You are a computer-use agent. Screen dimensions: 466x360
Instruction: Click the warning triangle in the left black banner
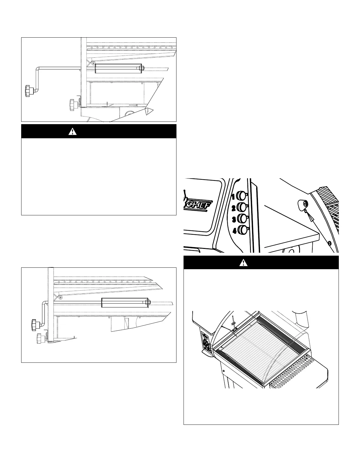coord(72,131)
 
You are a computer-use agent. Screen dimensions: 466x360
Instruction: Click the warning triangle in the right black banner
coord(243,263)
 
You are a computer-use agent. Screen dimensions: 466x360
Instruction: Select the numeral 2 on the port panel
coord(234,208)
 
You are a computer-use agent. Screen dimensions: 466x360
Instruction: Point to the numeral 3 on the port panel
coord(234,219)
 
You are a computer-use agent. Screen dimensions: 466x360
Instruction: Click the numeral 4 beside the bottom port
coord(234,231)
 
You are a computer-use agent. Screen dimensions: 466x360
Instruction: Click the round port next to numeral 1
coord(241,195)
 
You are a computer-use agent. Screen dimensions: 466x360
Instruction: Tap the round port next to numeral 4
coord(243,230)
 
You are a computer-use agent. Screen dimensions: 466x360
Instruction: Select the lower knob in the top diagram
coord(72,104)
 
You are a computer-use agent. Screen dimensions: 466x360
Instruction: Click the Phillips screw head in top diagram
coord(93,63)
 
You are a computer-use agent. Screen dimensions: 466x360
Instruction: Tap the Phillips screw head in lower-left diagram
coord(60,298)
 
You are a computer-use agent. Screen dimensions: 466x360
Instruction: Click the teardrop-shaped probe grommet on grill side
coord(303,204)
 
